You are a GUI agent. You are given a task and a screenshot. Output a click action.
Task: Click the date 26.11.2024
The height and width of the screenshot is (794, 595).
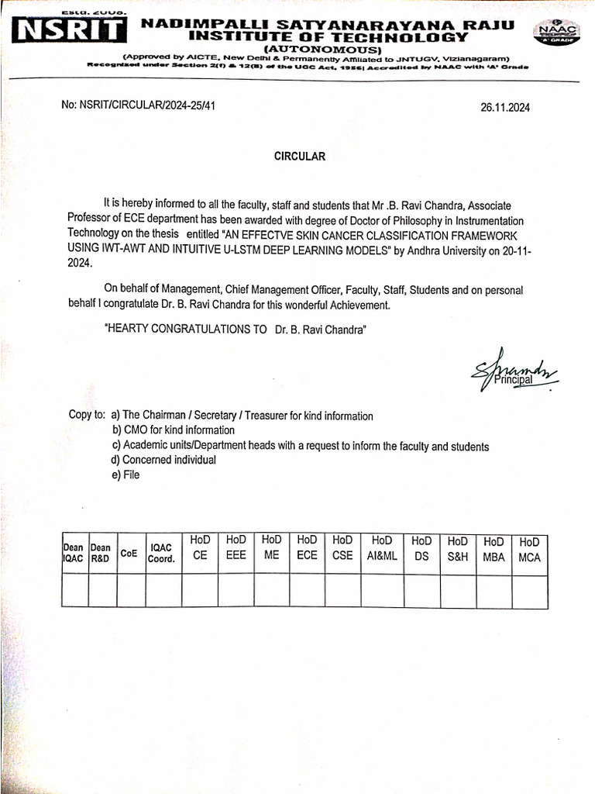coord(505,109)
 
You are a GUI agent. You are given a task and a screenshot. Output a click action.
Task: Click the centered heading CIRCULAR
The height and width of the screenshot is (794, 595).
coord(300,156)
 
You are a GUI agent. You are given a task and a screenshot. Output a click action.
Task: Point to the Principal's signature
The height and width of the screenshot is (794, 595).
coord(507,373)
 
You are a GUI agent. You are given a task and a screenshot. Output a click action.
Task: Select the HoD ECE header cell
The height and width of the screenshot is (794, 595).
coord(308,547)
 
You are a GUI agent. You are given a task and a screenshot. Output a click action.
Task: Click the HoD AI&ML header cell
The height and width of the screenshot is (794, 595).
coord(382,547)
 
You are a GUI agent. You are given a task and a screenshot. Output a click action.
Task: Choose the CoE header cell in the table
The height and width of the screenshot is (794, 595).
coord(129,553)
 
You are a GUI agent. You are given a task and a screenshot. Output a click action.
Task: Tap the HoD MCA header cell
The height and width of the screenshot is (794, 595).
coord(530,549)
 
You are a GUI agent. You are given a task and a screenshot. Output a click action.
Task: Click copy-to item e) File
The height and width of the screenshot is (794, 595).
coord(126,475)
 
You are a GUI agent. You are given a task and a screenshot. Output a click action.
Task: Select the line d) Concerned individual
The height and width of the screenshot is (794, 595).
coord(163,460)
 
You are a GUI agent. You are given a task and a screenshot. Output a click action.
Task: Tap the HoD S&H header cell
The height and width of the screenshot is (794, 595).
coord(458,548)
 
